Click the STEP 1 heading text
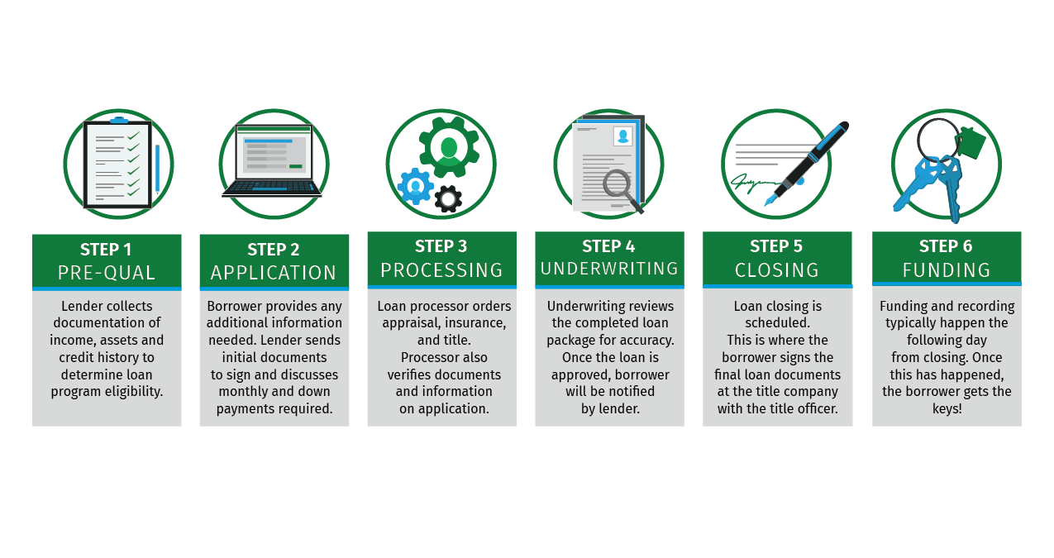[106, 250]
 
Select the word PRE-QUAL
[106, 273]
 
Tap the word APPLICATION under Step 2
[274, 273]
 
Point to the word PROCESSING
[441, 270]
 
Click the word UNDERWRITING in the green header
[609, 269]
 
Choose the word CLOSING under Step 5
[777, 270]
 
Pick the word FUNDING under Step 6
[947, 270]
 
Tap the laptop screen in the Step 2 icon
[273, 154]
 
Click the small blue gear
[415, 186]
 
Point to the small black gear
[448, 198]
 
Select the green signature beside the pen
[753, 180]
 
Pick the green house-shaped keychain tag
[972, 141]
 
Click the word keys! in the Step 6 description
[947, 408]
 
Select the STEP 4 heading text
[609, 246]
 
